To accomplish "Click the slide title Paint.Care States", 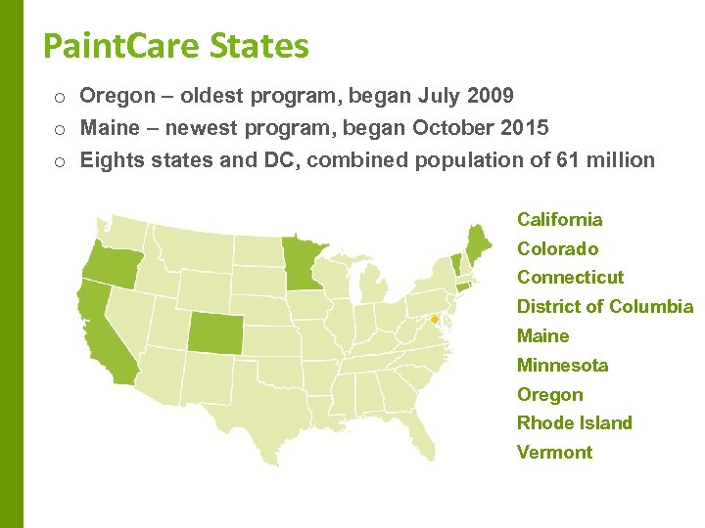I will tap(176, 45).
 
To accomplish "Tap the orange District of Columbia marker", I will tap(434, 319).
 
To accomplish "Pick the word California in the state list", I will tap(559, 219).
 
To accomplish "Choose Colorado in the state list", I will tap(557, 248).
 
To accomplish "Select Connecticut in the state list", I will tap(570, 277).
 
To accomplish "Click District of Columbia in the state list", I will tap(604, 306).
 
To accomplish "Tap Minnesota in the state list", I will tap(562, 365).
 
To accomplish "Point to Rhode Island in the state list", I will tap(574, 422).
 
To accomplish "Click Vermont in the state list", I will tap(554, 452).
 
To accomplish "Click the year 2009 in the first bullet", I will tap(490, 96).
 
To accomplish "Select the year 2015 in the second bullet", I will tap(525, 128).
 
